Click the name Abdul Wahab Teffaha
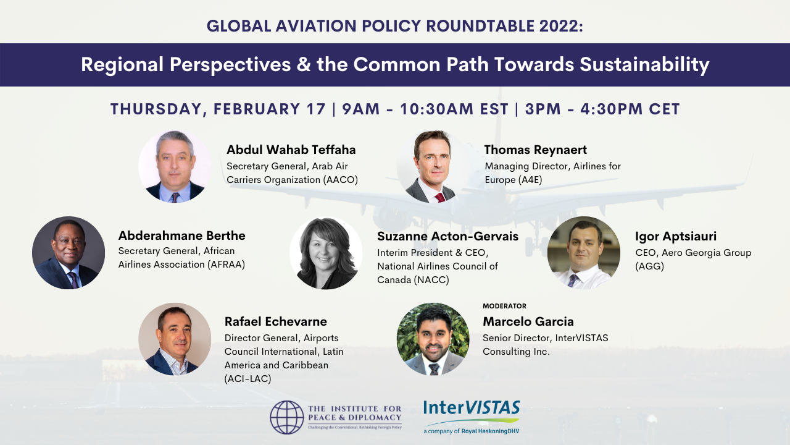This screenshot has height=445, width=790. point(291,150)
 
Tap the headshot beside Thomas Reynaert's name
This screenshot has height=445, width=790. point(433,166)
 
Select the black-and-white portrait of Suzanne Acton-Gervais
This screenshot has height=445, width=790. point(326,253)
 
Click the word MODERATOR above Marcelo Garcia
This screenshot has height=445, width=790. point(504,306)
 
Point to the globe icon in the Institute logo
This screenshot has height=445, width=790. point(287,417)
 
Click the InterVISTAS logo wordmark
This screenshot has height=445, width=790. point(472,408)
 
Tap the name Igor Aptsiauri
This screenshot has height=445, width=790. point(676,236)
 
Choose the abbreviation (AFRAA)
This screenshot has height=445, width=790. point(226,265)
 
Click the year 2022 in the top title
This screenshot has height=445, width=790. point(561,26)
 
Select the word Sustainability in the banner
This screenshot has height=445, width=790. point(644,65)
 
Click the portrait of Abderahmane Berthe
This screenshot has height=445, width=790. point(69,253)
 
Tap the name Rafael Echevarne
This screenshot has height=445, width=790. point(276,322)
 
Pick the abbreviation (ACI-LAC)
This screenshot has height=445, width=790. point(248,379)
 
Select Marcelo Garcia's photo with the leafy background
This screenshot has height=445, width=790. point(433,339)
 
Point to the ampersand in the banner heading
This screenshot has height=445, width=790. point(304,65)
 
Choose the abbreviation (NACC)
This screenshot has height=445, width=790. point(431,280)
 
